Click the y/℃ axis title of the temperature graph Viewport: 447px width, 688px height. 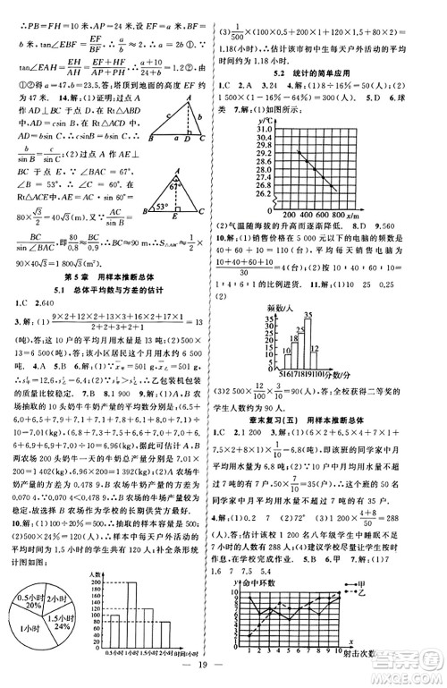267,120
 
